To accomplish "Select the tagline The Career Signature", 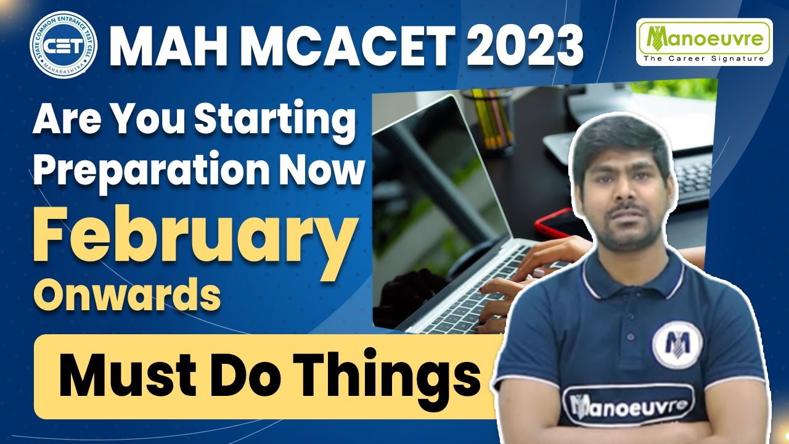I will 704,58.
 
